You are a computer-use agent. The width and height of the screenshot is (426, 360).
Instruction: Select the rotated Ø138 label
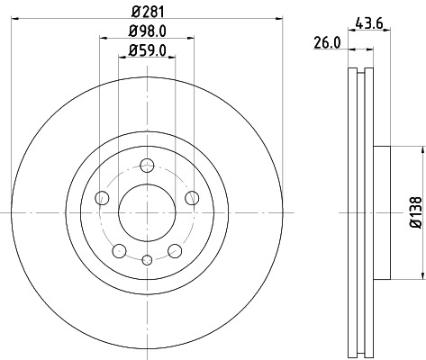click(x=413, y=211)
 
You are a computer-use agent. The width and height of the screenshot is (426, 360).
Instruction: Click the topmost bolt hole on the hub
click(x=146, y=165)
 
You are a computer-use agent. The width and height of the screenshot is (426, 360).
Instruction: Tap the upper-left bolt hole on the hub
click(x=101, y=197)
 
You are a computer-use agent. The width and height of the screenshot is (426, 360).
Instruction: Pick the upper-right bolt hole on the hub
click(x=191, y=197)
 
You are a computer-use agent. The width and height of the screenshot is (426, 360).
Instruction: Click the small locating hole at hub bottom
click(x=146, y=260)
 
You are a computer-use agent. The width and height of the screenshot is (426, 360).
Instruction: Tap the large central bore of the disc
click(x=146, y=211)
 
